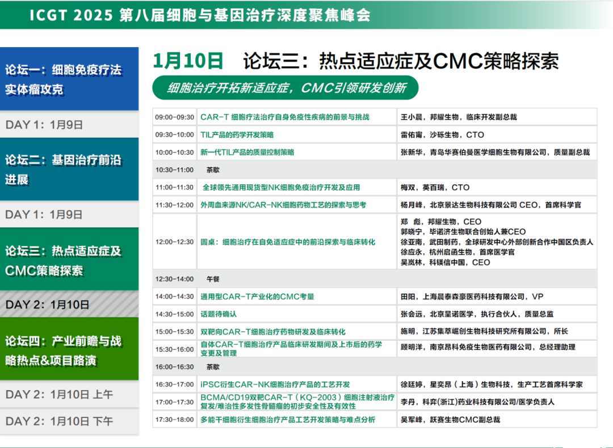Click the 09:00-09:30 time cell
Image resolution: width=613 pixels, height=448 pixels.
click(x=174, y=117)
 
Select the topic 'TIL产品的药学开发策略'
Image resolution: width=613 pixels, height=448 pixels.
click(x=237, y=135)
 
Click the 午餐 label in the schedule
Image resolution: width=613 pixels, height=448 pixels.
click(x=213, y=279)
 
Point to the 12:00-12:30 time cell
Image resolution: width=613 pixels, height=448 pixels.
click(x=174, y=242)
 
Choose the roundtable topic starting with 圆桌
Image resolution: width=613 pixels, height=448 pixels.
click(x=288, y=242)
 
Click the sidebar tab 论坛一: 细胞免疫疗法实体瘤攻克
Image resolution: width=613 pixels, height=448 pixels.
click(x=69, y=79)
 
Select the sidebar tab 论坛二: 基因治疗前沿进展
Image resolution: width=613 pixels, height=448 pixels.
click(x=69, y=169)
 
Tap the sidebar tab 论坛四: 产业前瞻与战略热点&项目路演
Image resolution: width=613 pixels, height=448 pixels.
click(x=69, y=349)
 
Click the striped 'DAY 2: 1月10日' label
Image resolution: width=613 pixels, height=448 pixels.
click(x=47, y=305)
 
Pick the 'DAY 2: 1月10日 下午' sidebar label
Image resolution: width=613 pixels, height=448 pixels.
click(x=59, y=421)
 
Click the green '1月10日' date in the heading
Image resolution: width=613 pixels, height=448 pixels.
click(x=188, y=61)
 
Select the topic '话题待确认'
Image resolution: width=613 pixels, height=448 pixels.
click(x=219, y=314)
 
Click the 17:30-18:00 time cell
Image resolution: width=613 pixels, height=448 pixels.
click(x=174, y=420)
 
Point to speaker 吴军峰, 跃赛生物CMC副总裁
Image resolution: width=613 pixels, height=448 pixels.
click(x=450, y=420)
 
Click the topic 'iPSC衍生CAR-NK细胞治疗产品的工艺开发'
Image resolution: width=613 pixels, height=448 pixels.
click(x=275, y=384)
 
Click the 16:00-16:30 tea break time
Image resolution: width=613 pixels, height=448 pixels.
click(x=174, y=367)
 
